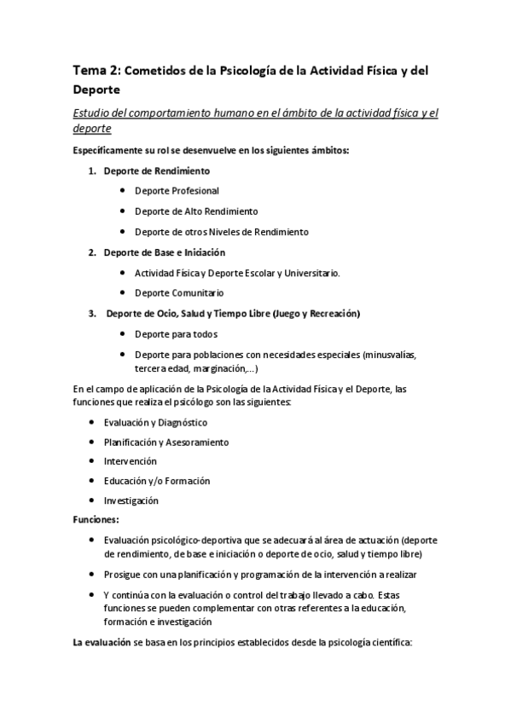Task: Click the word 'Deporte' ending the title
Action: coord(98,89)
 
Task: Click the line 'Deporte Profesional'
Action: coord(177,191)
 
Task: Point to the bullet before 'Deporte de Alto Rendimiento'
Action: coord(124,211)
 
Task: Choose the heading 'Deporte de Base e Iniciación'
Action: coord(164,252)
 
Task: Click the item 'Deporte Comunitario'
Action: coord(179,293)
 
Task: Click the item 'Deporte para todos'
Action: coord(176,334)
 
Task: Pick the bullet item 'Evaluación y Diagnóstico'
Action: coord(155,422)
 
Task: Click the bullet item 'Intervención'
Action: coord(130,461)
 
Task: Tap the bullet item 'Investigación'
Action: coord(131,500)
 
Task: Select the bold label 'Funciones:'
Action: coord(96,519)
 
